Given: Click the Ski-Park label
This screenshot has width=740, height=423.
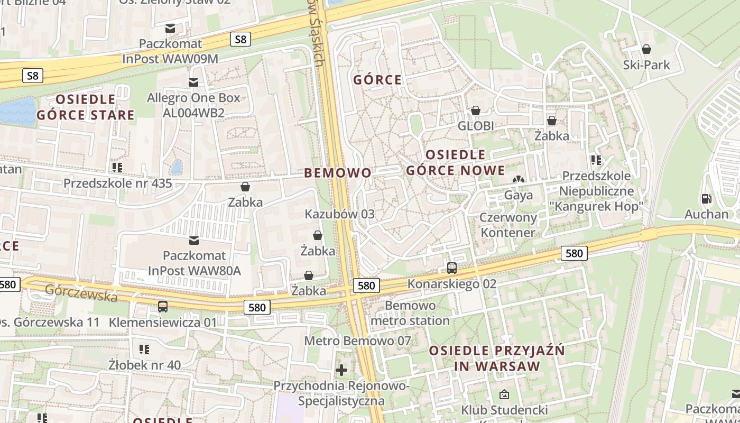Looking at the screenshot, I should [x=646, y=65].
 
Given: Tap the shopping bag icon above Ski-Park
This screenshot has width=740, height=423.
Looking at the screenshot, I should [x=646, y=49].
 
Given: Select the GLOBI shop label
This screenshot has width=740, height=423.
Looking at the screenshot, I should [x=476, y=126].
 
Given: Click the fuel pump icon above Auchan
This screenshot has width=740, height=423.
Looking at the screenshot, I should [x=706, y=199].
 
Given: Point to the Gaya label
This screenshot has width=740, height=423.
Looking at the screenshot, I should [x=519, y=195].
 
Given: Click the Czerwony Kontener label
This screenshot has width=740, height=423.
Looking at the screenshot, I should [x=508, y=225].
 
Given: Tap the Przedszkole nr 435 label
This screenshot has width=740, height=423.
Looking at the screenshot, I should [x=117, y=183].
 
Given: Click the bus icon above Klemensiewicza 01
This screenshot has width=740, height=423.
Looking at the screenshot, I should [x=162, y=306].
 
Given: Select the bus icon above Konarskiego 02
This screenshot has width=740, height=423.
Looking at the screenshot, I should [x=451, y=268].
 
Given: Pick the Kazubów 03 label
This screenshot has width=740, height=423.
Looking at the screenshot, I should [x=339, y=214].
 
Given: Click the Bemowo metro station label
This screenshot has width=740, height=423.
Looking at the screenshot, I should [x=410, y=313].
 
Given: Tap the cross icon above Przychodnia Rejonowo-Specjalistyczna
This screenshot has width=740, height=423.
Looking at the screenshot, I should [x=341, y=370].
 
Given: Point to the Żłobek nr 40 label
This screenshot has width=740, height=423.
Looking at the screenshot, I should [x=144, y=365].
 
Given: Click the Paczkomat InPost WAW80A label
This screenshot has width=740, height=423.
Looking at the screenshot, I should [x=194, y=263].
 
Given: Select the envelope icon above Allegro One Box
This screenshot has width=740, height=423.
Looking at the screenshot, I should [x=193, y=82].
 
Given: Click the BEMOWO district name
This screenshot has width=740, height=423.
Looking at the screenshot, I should [x=338, y=173].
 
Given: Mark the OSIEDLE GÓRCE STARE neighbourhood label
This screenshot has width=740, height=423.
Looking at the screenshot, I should [x=85, y=107].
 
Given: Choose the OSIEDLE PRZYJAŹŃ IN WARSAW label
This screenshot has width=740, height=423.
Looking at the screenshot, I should [x=496, y=358].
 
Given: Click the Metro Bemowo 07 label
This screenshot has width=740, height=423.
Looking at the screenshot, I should [x=357, y=341].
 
